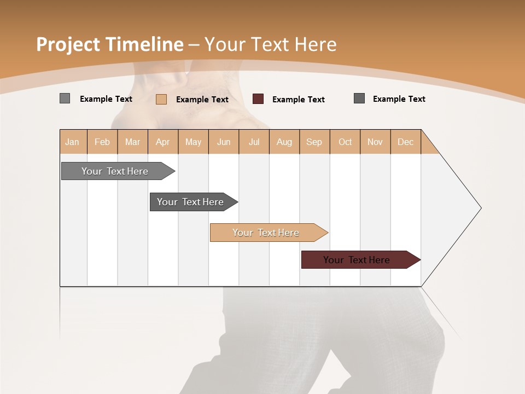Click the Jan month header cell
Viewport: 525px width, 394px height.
(x=73, y=142)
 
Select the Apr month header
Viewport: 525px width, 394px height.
(x=163, y=142)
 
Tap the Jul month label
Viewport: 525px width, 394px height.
(x=254, y=142)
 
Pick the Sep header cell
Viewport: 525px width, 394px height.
(x=314, y=142)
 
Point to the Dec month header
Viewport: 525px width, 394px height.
(x=405, y=142)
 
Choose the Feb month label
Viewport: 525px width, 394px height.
(x=102, y=142)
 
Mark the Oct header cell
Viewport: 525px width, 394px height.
(x=345, y=142)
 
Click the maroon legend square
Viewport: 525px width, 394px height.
(x=258, y=99)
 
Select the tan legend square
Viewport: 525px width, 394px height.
(x=161, y=99)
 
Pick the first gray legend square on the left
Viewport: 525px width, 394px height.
(x=65, y=99)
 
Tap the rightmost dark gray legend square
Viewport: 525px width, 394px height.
(x=359, y=99)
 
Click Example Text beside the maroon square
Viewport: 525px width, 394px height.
(x=298, y=100)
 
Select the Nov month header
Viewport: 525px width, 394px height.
(x=375, y=142)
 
